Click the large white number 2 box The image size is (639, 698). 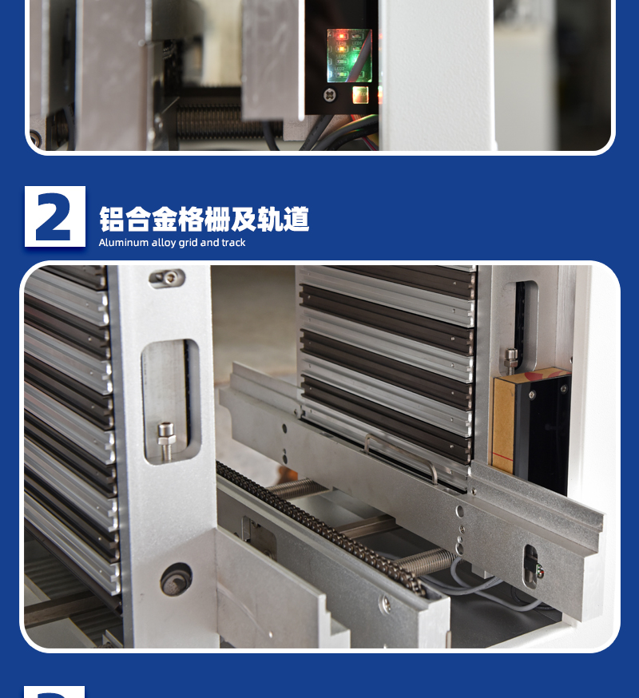[x=55, y=216]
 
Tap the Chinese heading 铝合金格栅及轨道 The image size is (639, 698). [x=204, y=219]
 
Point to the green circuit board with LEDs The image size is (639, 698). [x=350, y=56]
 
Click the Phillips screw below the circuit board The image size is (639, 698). [x=330, y=95]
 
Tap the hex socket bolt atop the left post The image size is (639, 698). [x=168, y=278]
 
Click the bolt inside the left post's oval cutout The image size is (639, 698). [x=166, y=440]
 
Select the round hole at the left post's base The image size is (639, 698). [x=177, y=580]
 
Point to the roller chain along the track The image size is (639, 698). [x=319, y=529]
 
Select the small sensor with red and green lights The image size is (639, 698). [x=533, y=567]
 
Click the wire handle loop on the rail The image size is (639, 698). [x=401, y=457]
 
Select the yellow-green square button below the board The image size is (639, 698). [x=360, y=95]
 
